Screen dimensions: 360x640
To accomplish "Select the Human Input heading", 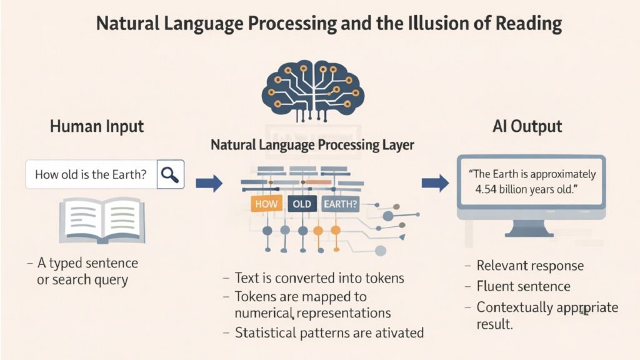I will [x=97, y=126].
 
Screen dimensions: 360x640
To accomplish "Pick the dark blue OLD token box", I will [x=301, y=203].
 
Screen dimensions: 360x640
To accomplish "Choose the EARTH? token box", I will [x=340, y=203].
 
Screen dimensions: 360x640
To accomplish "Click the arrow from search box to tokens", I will [x=209, y=183].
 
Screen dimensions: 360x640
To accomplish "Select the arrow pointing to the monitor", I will [x=435, y=183].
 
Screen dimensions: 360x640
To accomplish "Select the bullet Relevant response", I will [x=530, y=266].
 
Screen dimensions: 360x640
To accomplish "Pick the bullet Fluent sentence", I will [x=523, y=286].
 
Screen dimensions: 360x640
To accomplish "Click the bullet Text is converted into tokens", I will [x=319, y=277].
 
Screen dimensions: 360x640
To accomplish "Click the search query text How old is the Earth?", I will [x=91, y=175].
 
